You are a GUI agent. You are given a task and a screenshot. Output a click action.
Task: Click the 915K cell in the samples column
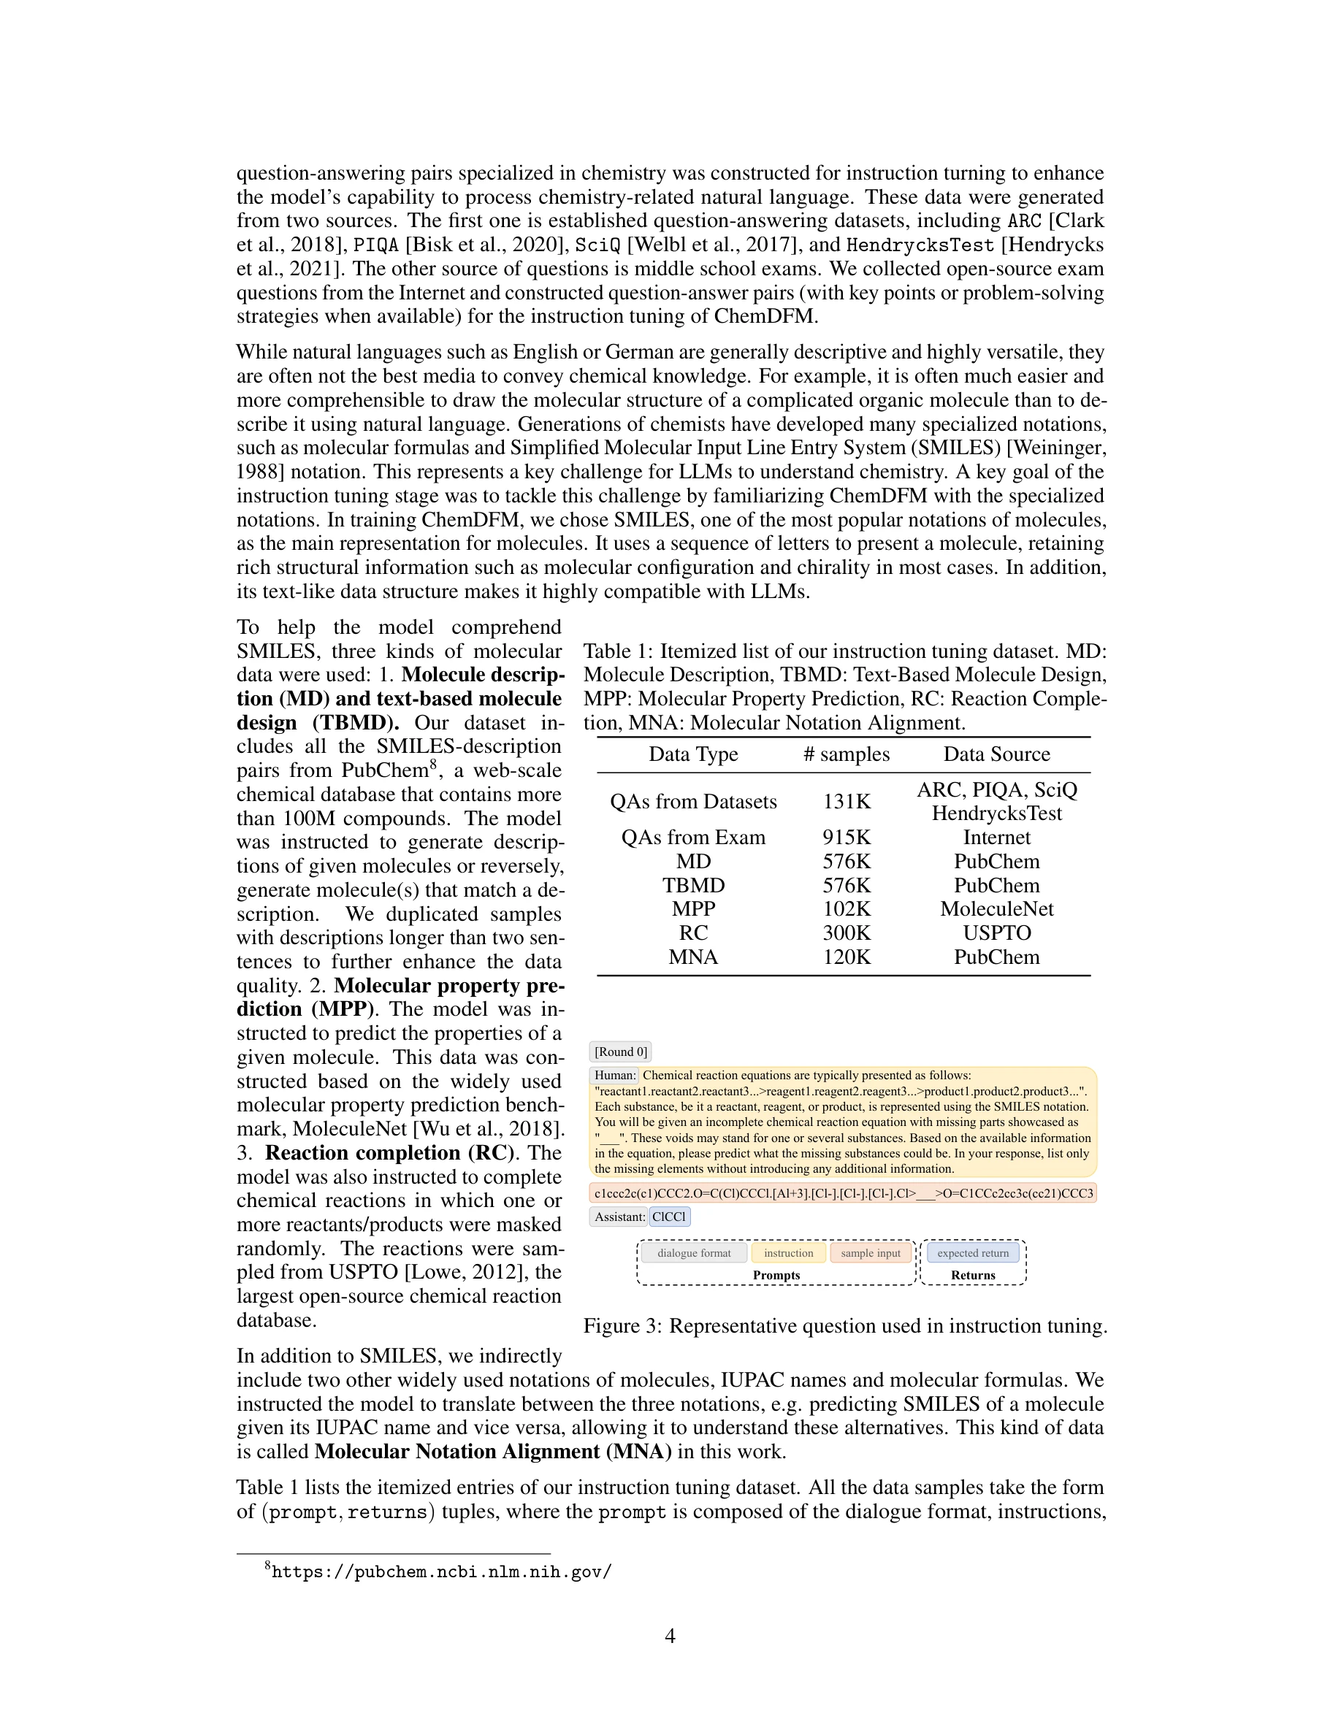coord(846,838)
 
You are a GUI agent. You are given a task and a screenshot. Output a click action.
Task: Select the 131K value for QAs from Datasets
coord(846,802)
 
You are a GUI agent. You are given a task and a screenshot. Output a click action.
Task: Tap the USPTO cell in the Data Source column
coord(996,932)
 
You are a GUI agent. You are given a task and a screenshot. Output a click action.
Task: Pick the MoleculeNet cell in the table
coord(996,909)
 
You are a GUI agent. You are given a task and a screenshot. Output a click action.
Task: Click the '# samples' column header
coord(846,754)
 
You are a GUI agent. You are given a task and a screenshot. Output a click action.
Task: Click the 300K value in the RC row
coord(846,932)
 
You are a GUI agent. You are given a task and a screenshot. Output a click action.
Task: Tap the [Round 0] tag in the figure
coord(620,1052)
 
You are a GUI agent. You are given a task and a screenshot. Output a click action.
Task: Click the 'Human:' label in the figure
coord(615,1076)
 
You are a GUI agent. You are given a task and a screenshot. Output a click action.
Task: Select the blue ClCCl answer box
coord(669,1217)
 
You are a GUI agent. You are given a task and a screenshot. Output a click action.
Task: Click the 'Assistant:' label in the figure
coord(619,1217)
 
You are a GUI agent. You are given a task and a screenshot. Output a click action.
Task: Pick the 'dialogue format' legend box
coord(694,1254)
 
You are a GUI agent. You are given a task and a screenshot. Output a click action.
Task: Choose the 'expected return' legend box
coord(972,1254)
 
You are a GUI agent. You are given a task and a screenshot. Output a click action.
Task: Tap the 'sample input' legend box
coord(871,1254)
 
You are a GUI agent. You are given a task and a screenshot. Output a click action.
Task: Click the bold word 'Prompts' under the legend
coord(776,1275)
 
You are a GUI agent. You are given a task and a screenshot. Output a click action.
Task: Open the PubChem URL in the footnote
coord(441,1572)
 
